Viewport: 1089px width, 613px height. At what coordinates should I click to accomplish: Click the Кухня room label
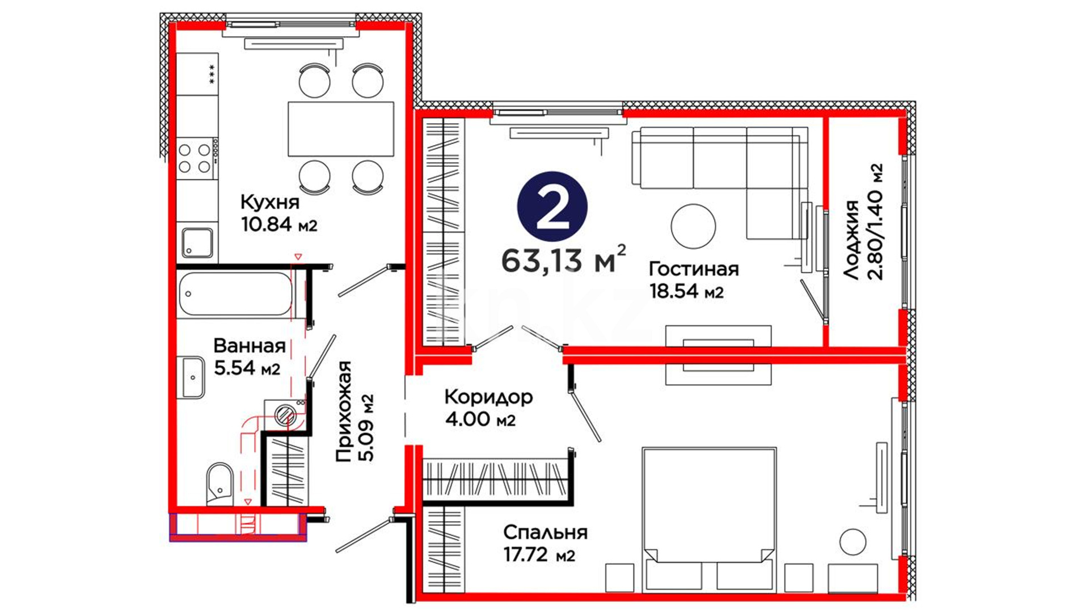click(269, 202)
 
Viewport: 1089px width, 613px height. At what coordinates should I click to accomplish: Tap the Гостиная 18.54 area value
click(686, 291)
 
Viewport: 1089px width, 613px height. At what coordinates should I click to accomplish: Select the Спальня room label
click(545, 532)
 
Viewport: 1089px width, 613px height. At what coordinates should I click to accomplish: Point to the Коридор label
click(488, 397)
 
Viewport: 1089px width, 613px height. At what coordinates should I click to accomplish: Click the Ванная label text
click(250, 346)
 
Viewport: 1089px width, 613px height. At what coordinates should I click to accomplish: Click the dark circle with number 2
click(552, 207)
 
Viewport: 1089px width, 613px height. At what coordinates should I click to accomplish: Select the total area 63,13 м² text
click(564, 259)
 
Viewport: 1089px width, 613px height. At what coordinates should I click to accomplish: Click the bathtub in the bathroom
click(235, 293)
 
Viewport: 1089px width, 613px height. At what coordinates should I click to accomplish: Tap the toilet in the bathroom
click(220, 484)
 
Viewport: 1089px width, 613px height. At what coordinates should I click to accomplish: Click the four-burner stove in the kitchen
click(195, 158)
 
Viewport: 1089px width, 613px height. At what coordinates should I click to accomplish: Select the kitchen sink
click(197, 242)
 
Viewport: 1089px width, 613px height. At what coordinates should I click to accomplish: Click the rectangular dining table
click(341, 129)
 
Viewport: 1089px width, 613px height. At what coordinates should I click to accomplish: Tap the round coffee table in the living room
click(693, 226)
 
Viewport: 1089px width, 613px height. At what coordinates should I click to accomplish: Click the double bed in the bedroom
click(709, 519)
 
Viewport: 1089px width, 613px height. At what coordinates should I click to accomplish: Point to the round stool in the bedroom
click(852, 542)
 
